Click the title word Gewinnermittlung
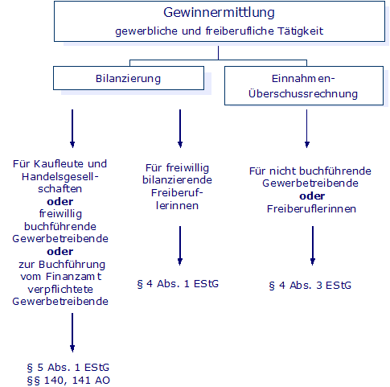pos(219,13)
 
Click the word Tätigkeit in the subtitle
pos(300,31)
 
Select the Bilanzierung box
pos(129,78)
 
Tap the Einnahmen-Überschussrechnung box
pos(304,86)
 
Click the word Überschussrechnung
pos(303,93)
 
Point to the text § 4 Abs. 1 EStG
pos(178,284)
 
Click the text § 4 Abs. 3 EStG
pos(310,286)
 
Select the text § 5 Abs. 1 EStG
pos(68,368)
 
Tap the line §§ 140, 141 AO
pos(68,381)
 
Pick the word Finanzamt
pos(73,277)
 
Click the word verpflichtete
pos(60,290)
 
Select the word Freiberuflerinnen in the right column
pos(311,209)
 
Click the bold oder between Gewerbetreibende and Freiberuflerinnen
pos(312,196)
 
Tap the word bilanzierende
pos(177,180)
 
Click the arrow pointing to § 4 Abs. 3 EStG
pos(313,245)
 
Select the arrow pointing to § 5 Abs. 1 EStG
pos(72,332)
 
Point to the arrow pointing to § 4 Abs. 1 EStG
pos(180,245)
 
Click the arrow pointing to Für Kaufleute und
pos(72,129)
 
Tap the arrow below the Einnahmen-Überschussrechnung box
pos(307,129)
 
